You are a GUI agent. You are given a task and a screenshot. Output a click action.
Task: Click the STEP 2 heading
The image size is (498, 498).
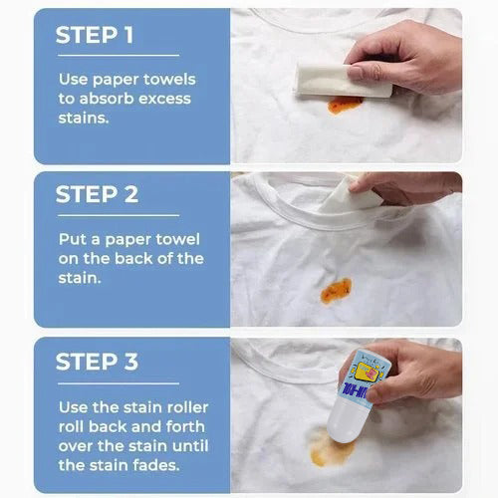coord(97,194)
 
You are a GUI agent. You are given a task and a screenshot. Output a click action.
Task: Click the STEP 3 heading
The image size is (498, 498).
coord(98,361)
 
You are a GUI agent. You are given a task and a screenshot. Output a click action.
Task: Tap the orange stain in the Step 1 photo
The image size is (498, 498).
coord(346,105)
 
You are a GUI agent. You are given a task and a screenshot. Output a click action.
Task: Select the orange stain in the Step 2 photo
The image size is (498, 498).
coord(336,290)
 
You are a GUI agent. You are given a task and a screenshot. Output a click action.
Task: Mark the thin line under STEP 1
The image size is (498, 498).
coord(117,55)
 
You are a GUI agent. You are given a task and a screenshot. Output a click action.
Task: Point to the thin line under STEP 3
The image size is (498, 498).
coord(117,380)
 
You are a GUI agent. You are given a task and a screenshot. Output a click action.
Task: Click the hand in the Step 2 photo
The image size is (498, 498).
coord(408,183)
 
